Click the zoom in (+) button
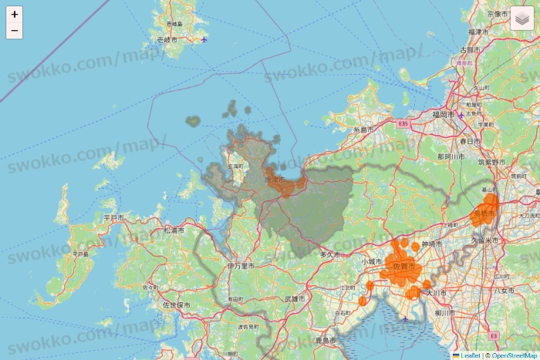(15, 14)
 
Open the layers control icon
(521, 18)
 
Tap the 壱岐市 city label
(166, 39)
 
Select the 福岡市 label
(444, 114)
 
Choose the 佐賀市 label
(403, 266)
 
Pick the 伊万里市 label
(241, 265)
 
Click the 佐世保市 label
(177, 305)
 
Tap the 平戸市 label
(113, 219)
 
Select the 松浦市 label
(174, 230)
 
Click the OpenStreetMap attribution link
(513, 355)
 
